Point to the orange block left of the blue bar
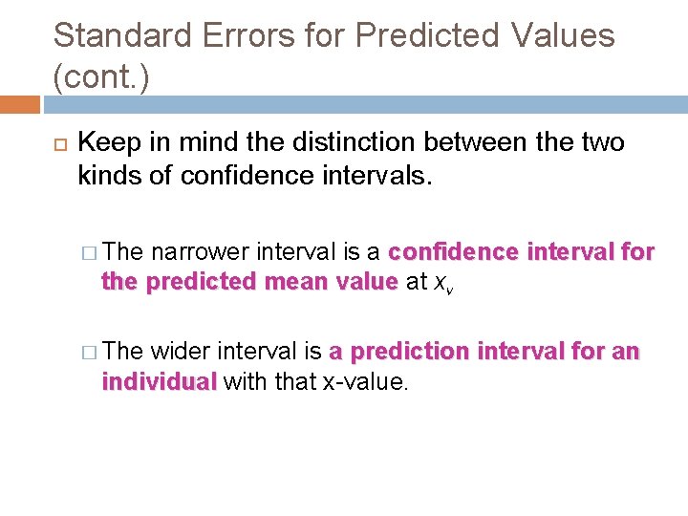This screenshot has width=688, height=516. tap(19, 104)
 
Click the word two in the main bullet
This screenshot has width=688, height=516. tap(602, 143)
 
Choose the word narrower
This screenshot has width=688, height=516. tap(196, 252)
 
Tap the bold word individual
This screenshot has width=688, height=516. tap(160, 382)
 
